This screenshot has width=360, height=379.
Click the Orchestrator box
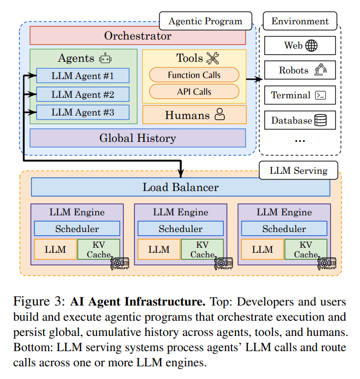[138, 36]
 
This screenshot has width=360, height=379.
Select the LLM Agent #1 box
[83, 76]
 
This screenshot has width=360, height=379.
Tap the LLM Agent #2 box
[83, 94]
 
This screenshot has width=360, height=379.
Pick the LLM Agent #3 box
[83, 112]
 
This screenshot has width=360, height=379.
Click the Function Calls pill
[194, 75]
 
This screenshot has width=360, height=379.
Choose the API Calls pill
[194, 92]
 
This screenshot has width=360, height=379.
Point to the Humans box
[194, 115]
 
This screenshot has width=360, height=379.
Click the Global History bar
[138, 138]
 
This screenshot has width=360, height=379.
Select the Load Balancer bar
[181, 187]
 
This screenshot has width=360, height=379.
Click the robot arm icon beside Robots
[321, 70]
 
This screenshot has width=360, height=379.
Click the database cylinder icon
[321, 121]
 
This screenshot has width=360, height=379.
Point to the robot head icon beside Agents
[105, 58]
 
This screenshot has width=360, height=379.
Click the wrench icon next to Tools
[213, 58]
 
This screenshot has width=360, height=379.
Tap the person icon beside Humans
[219, 115]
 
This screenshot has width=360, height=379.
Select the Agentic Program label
[205, 22]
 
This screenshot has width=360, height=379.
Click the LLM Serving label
[298, 171]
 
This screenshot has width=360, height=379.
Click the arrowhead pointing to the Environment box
[261, 79]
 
